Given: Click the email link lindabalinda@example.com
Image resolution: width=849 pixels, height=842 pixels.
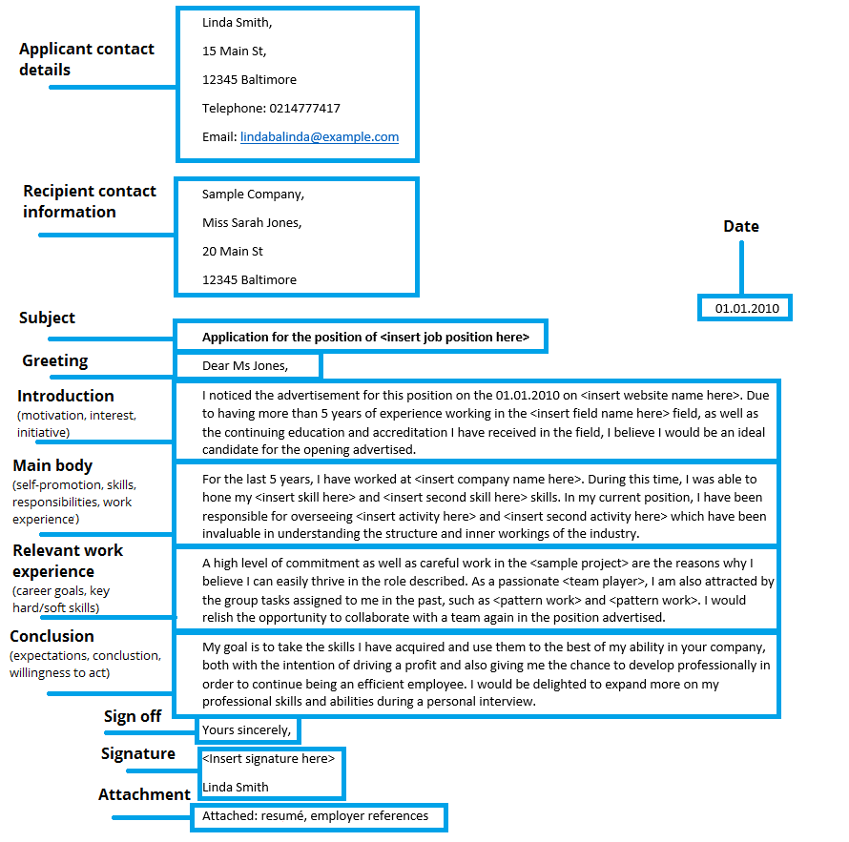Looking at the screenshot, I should pos(320,137).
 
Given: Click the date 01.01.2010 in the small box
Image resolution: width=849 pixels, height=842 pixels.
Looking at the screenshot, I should pos(747,309).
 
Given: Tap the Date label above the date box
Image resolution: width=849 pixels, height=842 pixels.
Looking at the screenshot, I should pos(741,227).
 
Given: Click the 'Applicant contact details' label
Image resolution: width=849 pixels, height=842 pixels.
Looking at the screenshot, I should pos(86,59).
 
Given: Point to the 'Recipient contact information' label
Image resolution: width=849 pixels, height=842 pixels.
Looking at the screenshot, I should pos(89,201).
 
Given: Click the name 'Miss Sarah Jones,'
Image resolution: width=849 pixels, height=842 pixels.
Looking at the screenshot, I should pos(252,223).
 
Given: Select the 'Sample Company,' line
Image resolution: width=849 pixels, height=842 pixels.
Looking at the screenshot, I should pos(253,195).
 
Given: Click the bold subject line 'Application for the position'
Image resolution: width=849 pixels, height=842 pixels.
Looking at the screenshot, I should pos(365,337).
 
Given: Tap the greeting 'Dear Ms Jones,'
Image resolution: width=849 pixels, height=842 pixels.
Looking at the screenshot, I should pos(245,365).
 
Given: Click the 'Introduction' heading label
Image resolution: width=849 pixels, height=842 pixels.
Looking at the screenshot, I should pos(65,396).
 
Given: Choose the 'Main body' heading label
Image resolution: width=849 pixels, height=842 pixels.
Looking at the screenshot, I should pos(52,465).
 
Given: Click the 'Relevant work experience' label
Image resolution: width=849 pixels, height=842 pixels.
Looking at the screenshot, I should pos(68,561).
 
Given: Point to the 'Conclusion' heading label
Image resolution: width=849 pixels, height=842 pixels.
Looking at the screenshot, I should pos(52,636).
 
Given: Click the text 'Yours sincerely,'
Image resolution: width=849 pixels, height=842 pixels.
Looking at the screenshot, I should pos(246,730).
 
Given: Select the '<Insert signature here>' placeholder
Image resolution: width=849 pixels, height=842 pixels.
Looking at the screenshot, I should pos(268,759).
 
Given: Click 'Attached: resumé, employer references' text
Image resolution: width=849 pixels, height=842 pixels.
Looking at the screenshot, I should pos(315,816).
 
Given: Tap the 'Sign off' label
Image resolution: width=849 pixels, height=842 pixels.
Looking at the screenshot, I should pos(133,716).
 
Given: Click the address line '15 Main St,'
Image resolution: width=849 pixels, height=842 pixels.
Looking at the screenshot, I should pos(235,51).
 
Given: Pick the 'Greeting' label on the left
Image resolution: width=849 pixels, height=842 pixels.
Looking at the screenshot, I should pos(55,360).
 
